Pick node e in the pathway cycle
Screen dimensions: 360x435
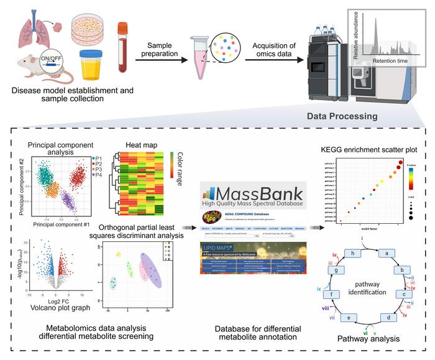(x=352, y=317)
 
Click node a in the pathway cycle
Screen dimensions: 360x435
(x=387, y=253)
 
